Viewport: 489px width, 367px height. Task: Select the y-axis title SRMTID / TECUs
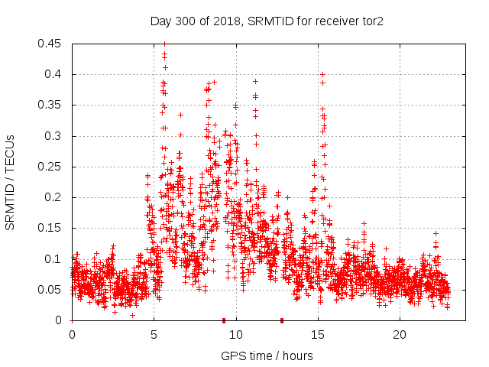(x=11, y=181)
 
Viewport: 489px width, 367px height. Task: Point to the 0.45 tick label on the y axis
(x=52, y=44)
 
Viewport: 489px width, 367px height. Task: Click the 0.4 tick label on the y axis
(x=55, y=74)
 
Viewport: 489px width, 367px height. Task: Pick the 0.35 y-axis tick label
(x=52, y=105)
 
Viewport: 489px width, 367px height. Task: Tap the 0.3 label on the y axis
(x=55, y=136)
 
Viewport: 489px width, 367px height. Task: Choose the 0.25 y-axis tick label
(x=52, y=167)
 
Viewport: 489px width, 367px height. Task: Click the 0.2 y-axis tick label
(x=55, y=197)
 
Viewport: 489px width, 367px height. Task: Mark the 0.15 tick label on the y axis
(x=52, y=228)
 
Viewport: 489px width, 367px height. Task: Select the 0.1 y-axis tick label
(x=55, y=258)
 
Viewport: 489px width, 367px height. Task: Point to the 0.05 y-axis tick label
(x=52, y=290)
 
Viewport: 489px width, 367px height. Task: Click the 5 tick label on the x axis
(x=154, y=335)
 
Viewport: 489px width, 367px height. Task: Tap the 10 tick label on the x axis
(x=236, y=335)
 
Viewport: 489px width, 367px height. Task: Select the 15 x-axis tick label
(x=318, y=335)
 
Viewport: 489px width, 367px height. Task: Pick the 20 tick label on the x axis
(x=400, y=335)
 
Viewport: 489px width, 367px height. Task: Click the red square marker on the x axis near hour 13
(x=282, y=320)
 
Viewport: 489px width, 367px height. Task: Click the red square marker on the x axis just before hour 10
(x=224, y=320)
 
